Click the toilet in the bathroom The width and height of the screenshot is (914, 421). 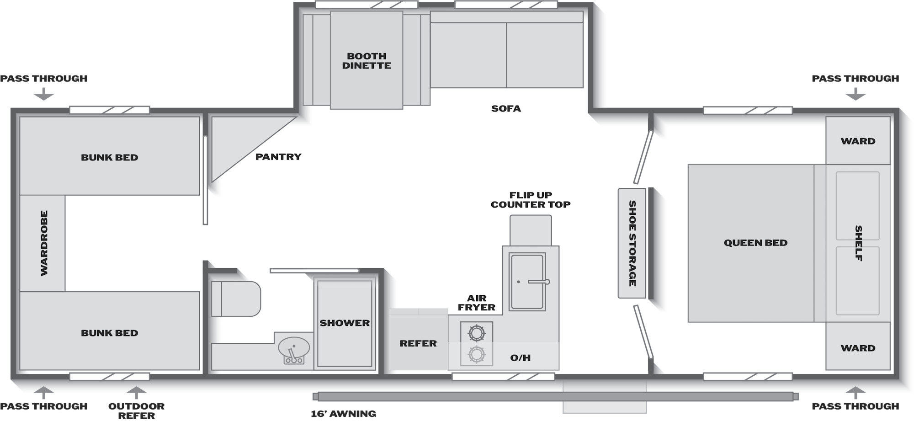click(236, 299)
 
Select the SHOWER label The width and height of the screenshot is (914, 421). click(345, 323)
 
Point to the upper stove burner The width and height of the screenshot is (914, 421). click(476, 333)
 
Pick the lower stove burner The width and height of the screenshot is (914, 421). click(476, 354)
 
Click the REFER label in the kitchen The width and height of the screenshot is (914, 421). click(418, 343)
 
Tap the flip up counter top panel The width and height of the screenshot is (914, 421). click(531, 230)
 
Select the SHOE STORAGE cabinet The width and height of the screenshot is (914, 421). click(632, 243)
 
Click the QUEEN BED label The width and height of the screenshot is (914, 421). click(755, 243)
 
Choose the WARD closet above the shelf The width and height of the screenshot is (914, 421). click(858, 140)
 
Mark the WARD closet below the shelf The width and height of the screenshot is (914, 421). click(858, 346)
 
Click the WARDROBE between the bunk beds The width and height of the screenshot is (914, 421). click(43, 243)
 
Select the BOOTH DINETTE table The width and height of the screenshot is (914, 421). click(367, 60)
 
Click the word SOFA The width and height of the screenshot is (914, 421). click(506, 108)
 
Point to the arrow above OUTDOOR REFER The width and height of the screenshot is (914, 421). click(136, 393)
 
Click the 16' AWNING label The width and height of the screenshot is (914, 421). click(343, 414)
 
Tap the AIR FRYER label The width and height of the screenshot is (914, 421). click(477, 303)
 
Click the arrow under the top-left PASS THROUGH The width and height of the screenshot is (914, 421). click(44, 94)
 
